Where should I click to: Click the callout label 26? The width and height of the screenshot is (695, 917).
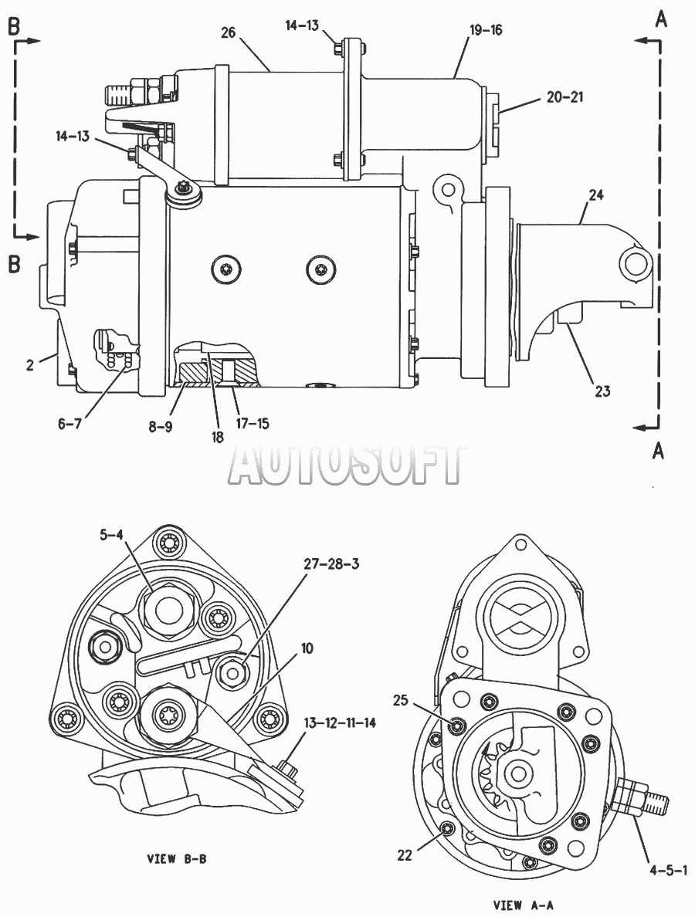point(228,32)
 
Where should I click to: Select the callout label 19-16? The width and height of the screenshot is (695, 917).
point(486,29)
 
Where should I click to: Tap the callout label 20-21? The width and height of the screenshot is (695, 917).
point(565,97)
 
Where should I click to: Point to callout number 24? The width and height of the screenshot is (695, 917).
point(595,195)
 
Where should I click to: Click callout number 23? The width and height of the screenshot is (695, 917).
point(602,391)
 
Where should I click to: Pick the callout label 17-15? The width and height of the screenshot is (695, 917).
point(253,423)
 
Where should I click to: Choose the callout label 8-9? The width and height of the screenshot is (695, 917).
point(160,426)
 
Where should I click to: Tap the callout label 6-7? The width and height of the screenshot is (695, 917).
point(69,424)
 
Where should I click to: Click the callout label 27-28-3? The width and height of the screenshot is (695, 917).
point(331,563)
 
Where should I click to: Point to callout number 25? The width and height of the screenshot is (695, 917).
point(400,700)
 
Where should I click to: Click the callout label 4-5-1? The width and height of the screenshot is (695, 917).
point(667,870)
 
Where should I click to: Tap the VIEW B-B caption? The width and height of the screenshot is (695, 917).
point(176,859)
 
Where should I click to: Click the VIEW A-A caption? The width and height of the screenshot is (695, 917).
point(523,905)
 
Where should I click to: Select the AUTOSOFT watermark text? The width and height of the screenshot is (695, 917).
point(346,465)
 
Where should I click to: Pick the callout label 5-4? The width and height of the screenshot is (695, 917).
point(111,534)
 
